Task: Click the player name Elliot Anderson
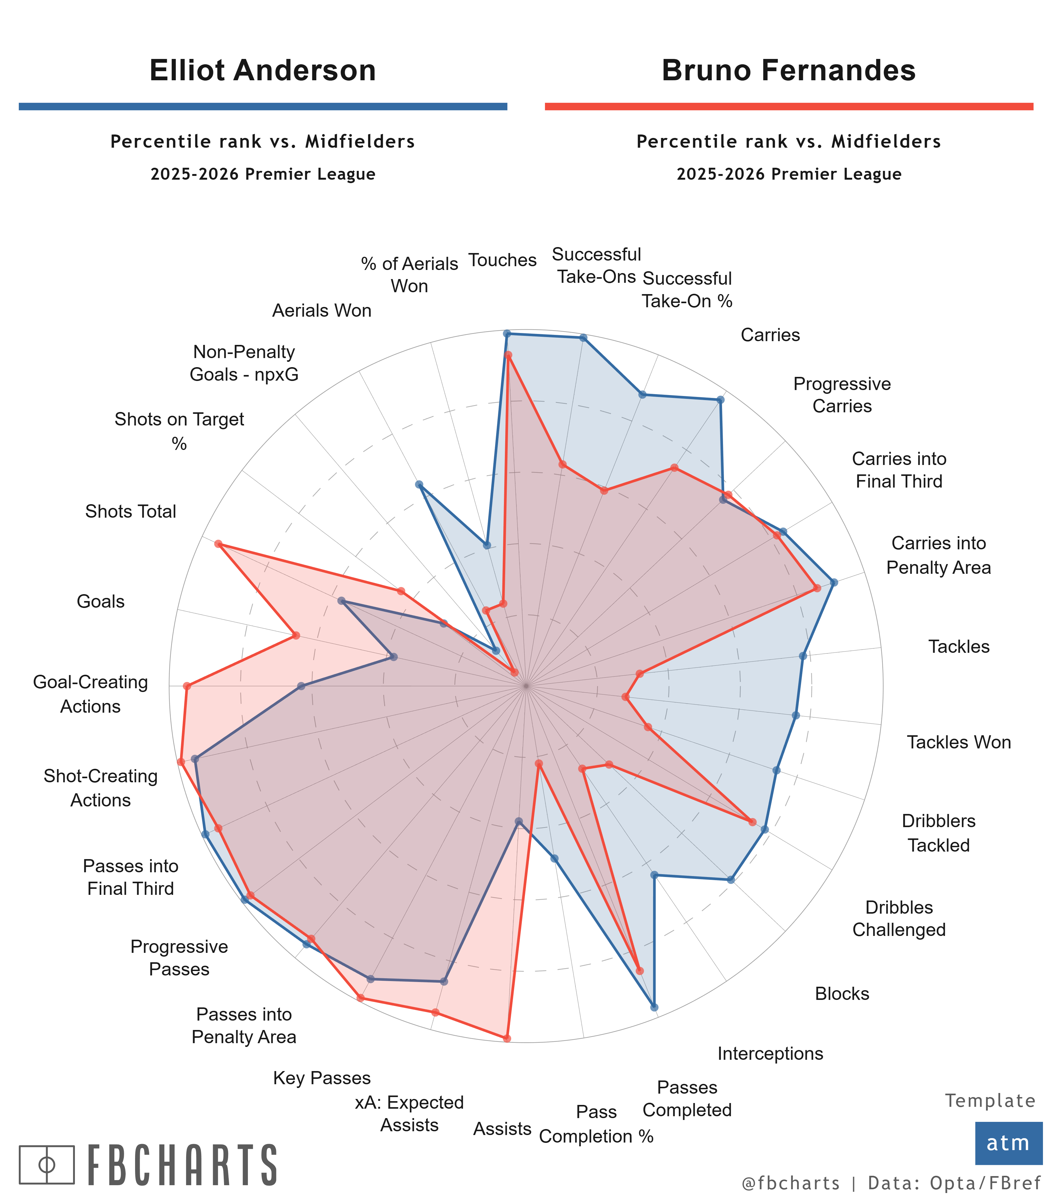pyautogui.click(x=263, y=71)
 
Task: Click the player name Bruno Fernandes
pyautogui.click(x=788, y=71)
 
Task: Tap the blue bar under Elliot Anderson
pyautogui.click(x=263, y=106)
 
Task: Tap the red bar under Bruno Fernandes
pyautogui.click(x=788, y=106)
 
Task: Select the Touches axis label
pyautogui.click(x=502, y=260)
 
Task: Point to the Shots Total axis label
pyautogui.click(x=130, y=511)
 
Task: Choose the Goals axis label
pyautogui.click(x=101, y=601)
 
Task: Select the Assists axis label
pyautogui.click(x=502, y=1129)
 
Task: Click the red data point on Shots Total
pyautogui.click(x=218, y=544)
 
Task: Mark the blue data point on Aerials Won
pyautogui.click(x=419, y=484)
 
